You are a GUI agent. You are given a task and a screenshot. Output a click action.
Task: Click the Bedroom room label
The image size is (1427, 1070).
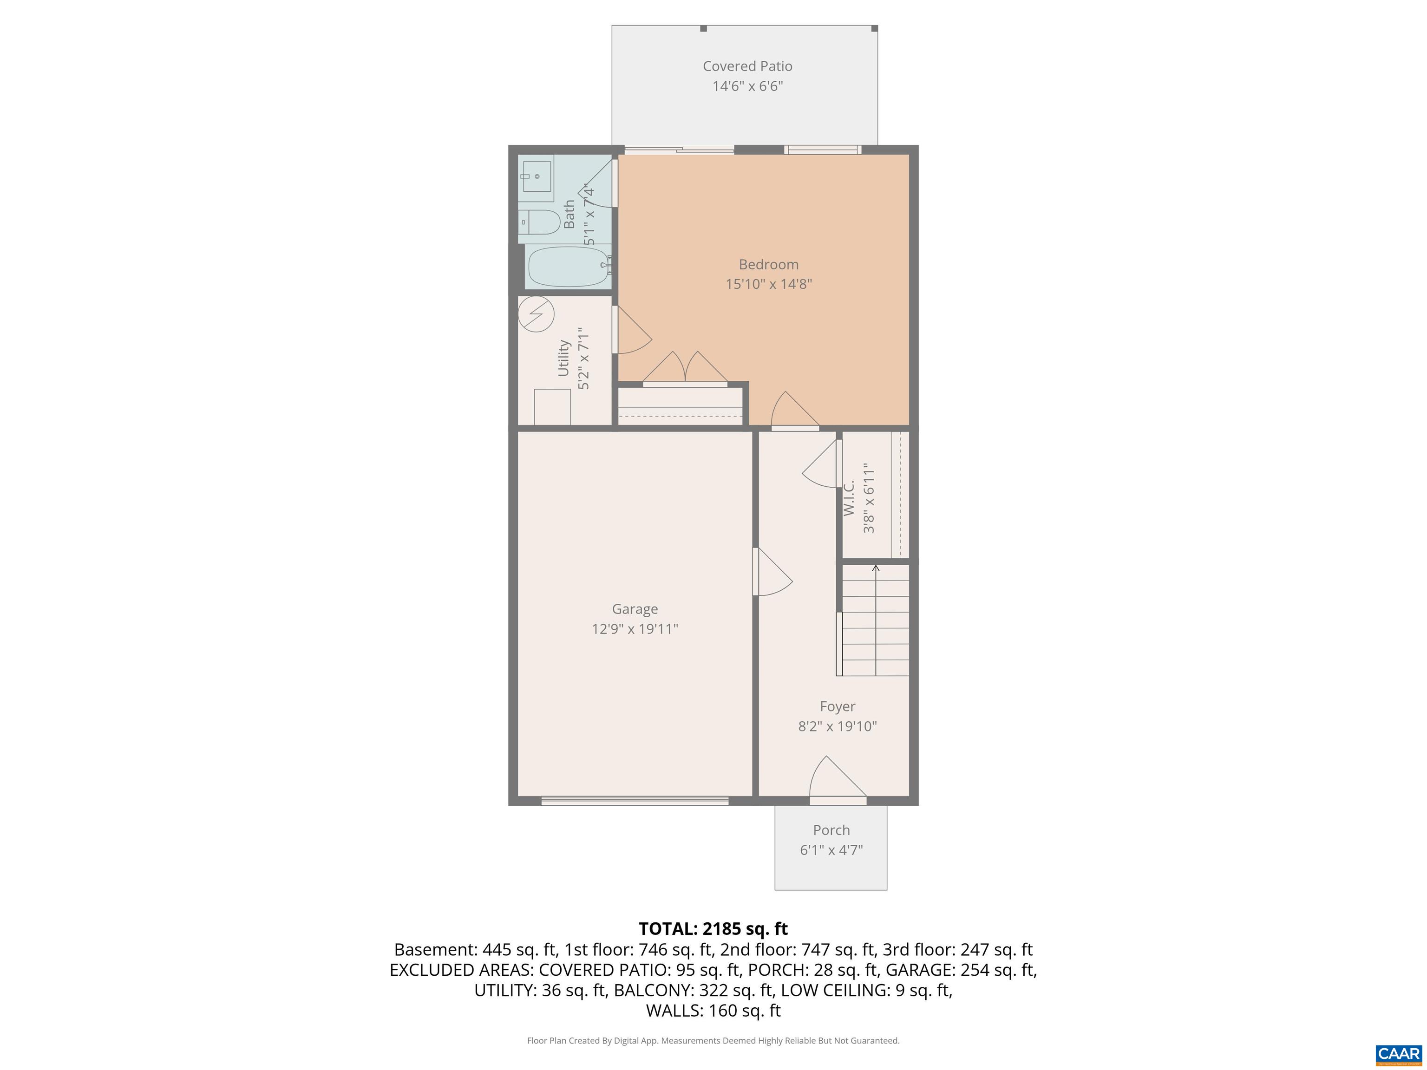click(768, 264)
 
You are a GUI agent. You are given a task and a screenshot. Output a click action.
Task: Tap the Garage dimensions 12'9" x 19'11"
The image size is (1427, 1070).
click(635, 629)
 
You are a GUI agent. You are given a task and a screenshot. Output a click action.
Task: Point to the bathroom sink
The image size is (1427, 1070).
click(536, 176)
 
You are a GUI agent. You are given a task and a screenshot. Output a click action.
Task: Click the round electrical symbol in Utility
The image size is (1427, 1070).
click(536, 314)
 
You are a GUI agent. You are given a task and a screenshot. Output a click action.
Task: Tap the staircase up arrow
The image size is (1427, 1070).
click(876, 619)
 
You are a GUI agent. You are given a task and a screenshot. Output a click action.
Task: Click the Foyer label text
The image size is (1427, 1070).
click(838, 706)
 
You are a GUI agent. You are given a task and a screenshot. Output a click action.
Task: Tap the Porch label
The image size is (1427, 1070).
click(831, 830)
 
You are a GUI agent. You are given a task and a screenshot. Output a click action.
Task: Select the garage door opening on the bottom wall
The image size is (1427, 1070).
click(635, 800)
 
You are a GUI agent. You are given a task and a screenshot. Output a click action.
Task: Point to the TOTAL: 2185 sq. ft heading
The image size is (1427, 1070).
click(713, 929)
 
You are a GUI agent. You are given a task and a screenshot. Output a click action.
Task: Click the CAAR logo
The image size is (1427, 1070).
click(1398, 1054)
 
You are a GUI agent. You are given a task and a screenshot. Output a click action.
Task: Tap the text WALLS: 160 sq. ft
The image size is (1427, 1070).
click(713, 1011)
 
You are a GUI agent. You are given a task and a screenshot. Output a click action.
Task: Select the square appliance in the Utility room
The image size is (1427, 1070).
click(552, 406)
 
